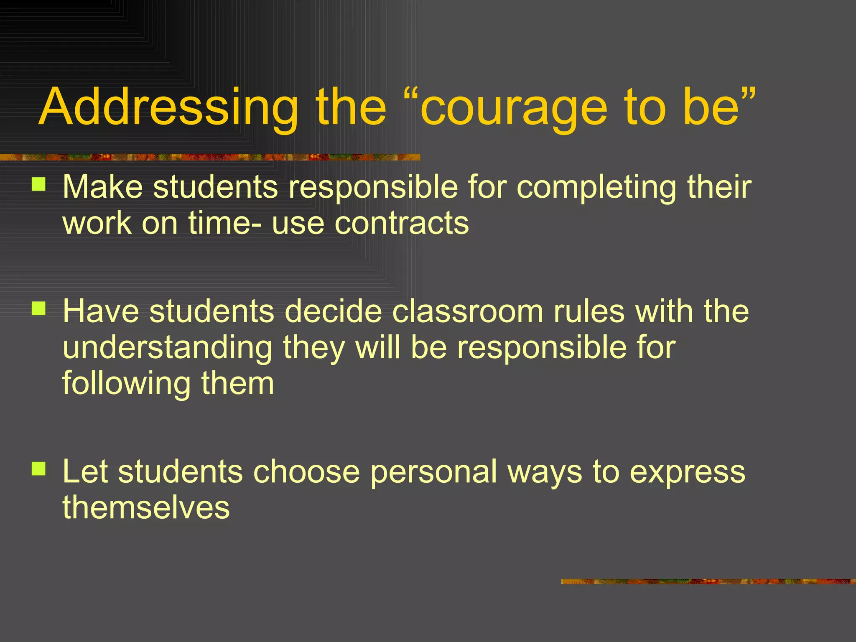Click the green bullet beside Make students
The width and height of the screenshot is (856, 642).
click(38, 184)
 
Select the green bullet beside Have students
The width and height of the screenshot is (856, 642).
click(38, 309)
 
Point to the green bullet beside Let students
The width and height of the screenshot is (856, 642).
click(38, 469)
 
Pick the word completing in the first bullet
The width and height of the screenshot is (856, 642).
click(596, 187)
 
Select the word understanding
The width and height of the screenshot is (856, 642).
click(168, 348)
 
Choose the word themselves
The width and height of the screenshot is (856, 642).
click(146, 507)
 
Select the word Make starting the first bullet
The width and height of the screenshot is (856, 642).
click(103, 186)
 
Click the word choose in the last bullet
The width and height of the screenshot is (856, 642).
click(306, 471)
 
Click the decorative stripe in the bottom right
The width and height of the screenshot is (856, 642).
click(708, 581)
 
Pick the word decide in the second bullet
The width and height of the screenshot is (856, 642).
click(333, 311)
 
